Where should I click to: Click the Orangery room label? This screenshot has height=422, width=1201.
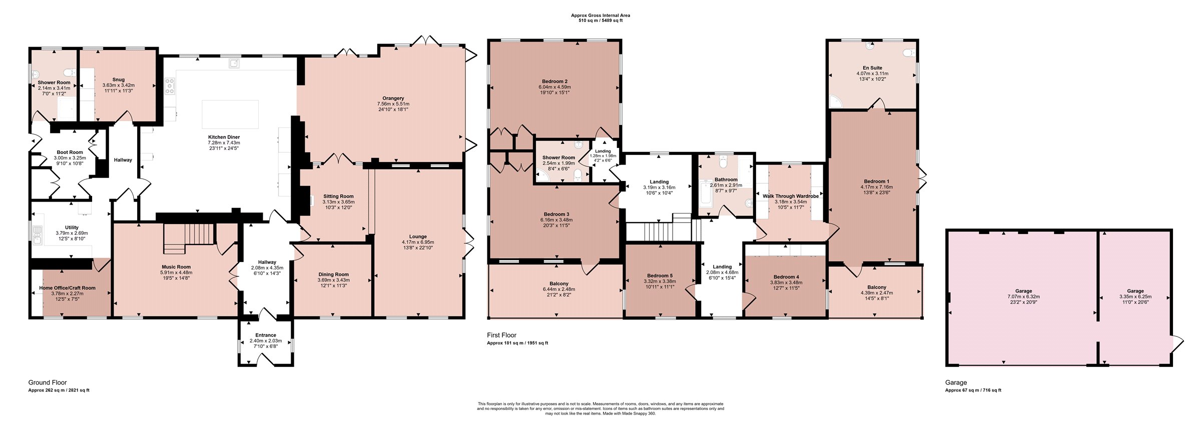coord(393,98)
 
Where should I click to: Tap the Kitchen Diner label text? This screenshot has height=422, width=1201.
coord(224,137)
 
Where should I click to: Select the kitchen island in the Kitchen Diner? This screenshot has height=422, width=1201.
coord(230,114)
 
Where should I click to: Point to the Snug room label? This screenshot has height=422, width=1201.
coord(118,79)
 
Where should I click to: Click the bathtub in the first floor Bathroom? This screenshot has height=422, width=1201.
coord(706,194)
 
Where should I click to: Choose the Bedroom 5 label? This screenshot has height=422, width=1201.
coord(660,275)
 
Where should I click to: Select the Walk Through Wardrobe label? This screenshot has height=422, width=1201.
coord(791,196)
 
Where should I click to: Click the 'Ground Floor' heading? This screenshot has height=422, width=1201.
coord(48,382)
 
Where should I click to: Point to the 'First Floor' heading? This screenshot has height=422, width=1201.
coord(501,335)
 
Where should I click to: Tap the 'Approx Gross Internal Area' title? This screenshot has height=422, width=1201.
coord(600,15)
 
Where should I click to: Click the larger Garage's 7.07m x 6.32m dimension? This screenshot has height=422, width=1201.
coord(1023,296)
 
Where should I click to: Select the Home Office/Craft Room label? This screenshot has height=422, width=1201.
coord(67,288)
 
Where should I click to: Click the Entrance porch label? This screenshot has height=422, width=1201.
coord(266,335)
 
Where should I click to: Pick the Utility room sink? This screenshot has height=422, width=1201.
coord(37,233)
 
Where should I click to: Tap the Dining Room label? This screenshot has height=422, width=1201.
coord(333,274)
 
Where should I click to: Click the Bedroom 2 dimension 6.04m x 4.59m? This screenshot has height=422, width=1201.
coord(554,87)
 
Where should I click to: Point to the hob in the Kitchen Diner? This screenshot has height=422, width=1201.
coord(170,86)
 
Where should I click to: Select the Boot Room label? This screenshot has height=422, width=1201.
coord(70,152)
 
